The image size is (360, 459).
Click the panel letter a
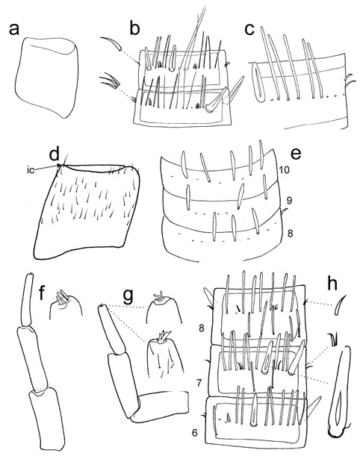tap(14, 30)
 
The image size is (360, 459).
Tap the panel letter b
tap(134, 28)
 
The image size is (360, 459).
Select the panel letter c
tap(249, 30)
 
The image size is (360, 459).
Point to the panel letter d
tap(55, 154)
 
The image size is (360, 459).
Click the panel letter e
tap(297, 154)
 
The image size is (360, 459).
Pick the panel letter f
tap(43, 293)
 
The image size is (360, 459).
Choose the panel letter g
tap(128, 297)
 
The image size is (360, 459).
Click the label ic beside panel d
tap(31, 170)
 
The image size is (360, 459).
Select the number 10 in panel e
tap(284, 169)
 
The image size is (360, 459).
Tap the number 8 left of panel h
tap(202, 328)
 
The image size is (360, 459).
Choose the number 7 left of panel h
tap(199, 383)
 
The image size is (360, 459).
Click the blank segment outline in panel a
tap(47, 78)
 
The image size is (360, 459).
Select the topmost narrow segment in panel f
tap(27, 299)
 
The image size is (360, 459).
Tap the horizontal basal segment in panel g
tap(160, 406)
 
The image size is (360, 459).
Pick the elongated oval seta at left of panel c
tap(258, 82)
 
